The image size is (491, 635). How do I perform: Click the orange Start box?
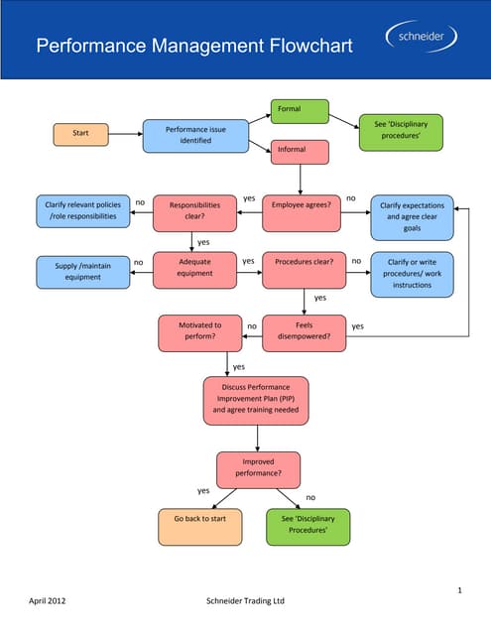80,134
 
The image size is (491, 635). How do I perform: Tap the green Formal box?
300,110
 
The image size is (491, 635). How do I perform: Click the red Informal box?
300,152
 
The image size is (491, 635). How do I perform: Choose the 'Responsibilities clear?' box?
194,212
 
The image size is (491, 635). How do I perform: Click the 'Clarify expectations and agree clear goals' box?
412,218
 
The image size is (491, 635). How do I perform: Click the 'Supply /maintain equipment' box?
82,271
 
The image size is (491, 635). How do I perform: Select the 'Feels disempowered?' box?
304,332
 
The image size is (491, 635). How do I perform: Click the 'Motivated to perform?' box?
200,332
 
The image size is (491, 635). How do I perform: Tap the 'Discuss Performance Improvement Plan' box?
257,399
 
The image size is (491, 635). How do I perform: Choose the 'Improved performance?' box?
257,467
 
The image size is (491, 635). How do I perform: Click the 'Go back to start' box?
199,526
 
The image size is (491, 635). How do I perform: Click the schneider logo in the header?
422,38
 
